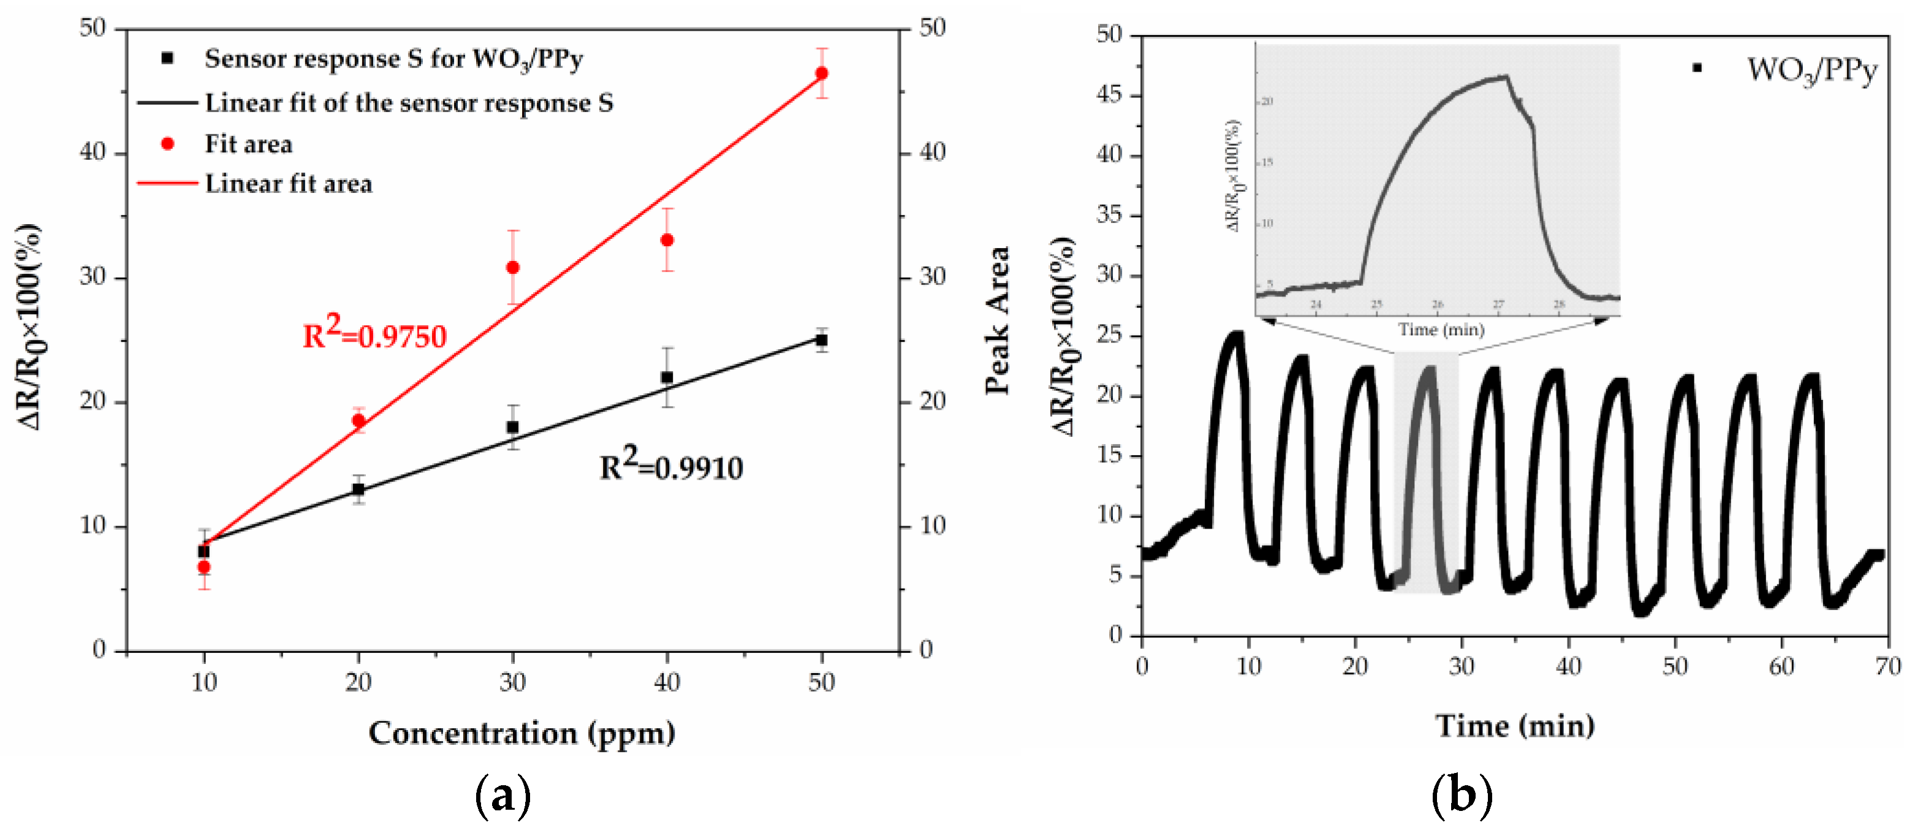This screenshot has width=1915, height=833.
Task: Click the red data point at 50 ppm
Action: point(821,73)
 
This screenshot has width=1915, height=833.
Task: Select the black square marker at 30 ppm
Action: point(512,428)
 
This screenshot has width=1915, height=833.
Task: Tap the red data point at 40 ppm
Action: point(667,240)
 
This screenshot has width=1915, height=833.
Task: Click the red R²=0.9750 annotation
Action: point(374,334)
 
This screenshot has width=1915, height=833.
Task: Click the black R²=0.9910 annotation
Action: point(670,466)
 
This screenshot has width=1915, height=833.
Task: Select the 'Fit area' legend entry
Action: point(248,144)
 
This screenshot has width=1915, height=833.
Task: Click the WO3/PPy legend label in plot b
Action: point(1811,70)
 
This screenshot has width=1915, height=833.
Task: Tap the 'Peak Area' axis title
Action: point(998,320)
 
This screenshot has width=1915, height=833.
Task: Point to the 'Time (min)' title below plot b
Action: point(1514,725)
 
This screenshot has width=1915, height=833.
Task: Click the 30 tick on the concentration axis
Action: point(512,682)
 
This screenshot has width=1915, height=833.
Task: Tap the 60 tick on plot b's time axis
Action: point(1781,666)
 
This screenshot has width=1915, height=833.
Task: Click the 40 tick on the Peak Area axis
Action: point(932,153)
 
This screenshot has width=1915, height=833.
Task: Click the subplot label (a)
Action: point(502,796)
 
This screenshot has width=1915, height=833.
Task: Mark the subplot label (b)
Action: point(1462,796)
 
